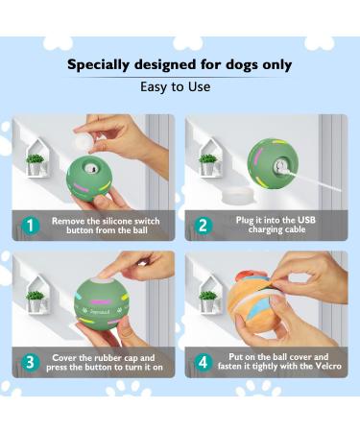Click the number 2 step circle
click(203, 226)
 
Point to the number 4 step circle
click(203, 362)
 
